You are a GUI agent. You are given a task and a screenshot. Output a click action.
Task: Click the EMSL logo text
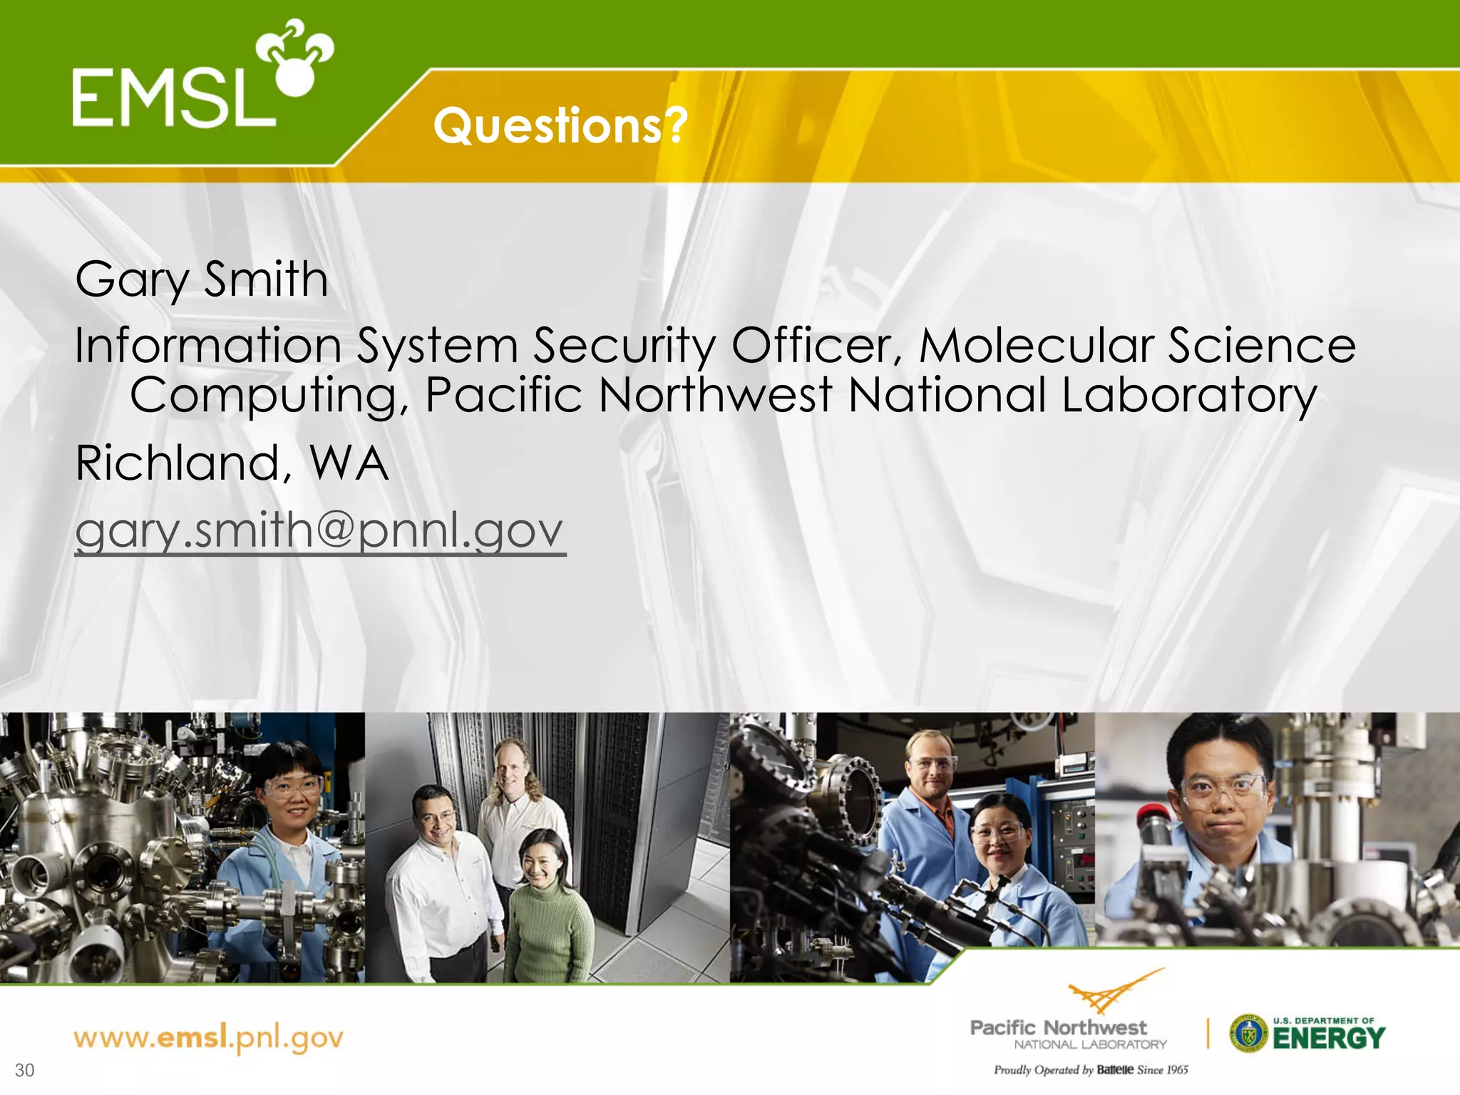(x=171, y=97)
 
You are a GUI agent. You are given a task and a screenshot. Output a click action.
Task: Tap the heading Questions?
(x=560, y=125)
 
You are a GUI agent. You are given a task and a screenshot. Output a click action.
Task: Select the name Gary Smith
(x=202, y=279)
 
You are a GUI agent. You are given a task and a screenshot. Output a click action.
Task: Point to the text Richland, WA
(x=232, y=463)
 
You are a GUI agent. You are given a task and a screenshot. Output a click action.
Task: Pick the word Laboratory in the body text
(x=1188, y=396)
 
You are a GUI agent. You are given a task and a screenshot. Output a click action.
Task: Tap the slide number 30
(x=24, y=1070)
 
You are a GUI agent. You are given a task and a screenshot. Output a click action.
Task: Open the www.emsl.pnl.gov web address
(x=208, y=1038)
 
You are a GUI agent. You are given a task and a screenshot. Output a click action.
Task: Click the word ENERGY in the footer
(x=1329, y=1039)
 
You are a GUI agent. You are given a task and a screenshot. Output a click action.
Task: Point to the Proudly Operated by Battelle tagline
(x=1091, y=1070)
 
